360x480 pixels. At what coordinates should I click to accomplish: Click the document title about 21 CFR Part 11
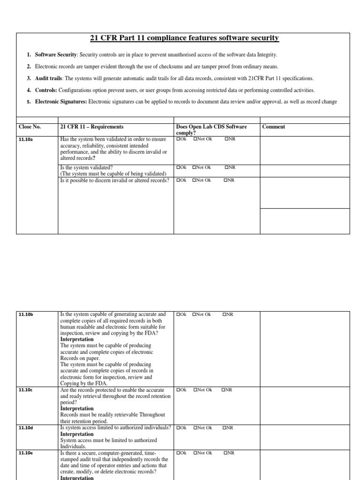(x=183, y=37)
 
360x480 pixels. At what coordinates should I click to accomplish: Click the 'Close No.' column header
(x=30, y=127)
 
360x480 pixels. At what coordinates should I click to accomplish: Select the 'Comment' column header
(x=273, y=127)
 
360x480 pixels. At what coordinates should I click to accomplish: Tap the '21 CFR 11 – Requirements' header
(x=92, y=127)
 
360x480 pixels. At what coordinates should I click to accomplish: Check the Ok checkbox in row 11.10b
(x=178, y=315)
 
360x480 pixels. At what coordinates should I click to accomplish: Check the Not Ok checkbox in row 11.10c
(x=194, y=390)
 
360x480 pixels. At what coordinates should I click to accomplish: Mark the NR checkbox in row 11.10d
(x=225, y=428)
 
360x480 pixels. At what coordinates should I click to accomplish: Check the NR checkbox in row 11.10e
(x=225, y=453)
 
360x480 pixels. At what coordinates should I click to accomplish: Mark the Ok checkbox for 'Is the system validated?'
(x=178, y=167)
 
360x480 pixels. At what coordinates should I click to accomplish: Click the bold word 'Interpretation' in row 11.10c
(x=77, y=409)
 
